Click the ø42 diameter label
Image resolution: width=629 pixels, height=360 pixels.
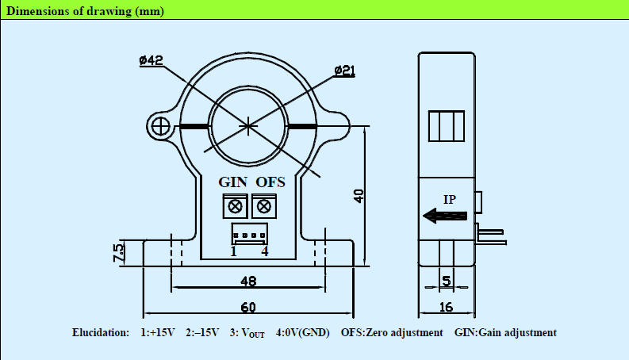(x=151, y=61)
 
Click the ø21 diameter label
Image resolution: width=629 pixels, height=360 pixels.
(x=344, y=71)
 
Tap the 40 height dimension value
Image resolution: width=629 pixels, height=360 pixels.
(x=359, y=196)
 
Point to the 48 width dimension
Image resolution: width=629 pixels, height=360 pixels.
(x=247, y=281)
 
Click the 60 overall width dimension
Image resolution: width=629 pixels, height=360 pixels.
(x=247, y=307)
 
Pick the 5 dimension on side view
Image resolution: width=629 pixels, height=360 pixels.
(x=447, y=281)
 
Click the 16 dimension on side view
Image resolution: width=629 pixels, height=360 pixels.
(x=446, y=307)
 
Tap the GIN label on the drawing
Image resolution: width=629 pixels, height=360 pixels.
(x=233, y=182)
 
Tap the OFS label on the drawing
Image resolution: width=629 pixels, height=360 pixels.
(x=270, y=182)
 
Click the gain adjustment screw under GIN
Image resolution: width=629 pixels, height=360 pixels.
(x=235, y=206)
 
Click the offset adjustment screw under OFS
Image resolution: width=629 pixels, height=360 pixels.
(x=261, y=206)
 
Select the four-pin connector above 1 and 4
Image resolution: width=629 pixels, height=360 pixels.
(x=248, y=235)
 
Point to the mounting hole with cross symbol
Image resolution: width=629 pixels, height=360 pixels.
(x=160, y=126)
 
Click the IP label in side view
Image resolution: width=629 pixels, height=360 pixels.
(x=450, y=199)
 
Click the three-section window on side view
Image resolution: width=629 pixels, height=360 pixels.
(x=445, y=125)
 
